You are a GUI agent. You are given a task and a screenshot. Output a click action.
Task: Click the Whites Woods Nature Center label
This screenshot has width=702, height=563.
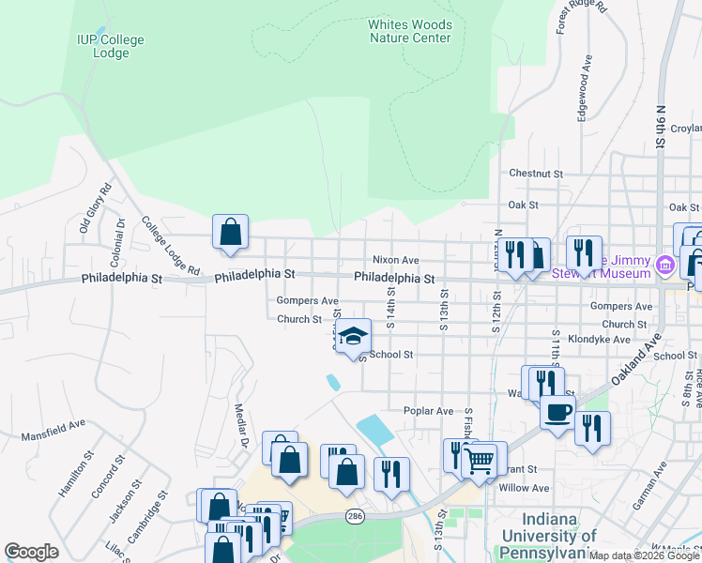pyautogui.click(x=410, y=31)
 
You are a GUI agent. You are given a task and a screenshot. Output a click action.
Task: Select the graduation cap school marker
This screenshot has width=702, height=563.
pyautogui.click(x=353, y=337)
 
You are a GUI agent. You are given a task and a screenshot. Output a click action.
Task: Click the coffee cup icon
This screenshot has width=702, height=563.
pyautogui.click(x=557, y=412)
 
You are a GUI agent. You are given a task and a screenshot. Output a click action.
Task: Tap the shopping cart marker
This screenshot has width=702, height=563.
pyautogui.click(x=479, y=462)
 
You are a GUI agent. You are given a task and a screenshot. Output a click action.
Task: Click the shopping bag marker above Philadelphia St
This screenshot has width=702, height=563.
pyautogui.click(x=231, y=233)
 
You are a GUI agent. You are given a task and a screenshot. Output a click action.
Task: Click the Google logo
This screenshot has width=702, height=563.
pyautogui.click(x=31, y=552)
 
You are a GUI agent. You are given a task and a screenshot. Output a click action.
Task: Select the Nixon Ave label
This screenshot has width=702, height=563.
pyautogui.click(x=395, y=260)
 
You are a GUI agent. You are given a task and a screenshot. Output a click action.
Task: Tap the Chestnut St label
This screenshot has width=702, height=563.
pyautogui.click(x=536, y=174)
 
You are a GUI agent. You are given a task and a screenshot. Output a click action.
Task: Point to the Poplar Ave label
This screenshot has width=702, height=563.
pyautogui.click(x=428, y=411)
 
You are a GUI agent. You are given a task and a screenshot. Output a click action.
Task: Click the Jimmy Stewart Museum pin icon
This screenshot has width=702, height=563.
pyautogui.click(x=665, y=266)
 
